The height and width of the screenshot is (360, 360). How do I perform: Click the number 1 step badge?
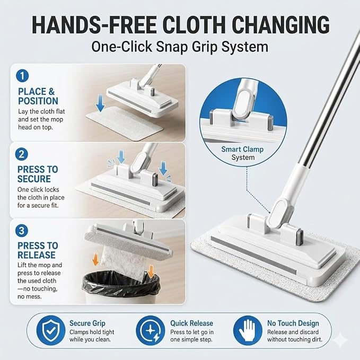[22, 75]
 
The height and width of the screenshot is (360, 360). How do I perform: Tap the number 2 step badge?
[22, 154]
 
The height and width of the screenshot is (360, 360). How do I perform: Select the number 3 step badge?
[22, 231]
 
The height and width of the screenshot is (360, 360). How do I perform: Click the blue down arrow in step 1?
[100, 103]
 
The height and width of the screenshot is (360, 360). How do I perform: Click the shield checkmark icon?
[51, 330]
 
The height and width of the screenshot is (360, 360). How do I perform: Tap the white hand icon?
[248, 330]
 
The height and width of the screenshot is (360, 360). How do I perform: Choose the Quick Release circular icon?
[151, 330]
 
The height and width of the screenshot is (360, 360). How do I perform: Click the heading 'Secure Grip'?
[87, 323]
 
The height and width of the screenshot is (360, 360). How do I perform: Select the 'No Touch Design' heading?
[293, 323]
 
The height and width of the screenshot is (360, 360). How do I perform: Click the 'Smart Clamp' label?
[242, 149]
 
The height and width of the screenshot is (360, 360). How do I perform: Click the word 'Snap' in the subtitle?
[172, 47]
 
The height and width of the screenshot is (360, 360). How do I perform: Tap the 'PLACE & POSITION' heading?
[38, 96]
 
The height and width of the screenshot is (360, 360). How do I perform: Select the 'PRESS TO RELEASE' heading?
[38, 250]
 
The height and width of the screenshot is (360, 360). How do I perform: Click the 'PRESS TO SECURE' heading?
[38, 174]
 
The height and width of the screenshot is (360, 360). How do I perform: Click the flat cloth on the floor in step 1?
[124, 124]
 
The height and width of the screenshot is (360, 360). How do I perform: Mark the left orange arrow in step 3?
[95, 259]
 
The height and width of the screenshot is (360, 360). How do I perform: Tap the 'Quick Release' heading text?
[191, 323]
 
